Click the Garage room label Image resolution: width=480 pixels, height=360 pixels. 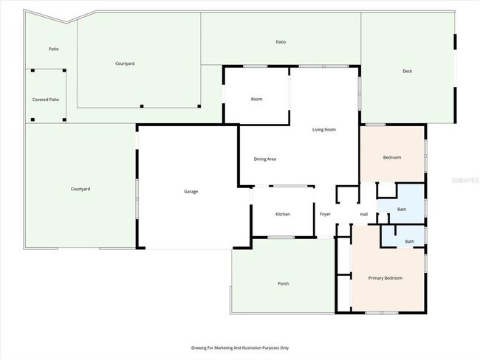click(x=191, y=192)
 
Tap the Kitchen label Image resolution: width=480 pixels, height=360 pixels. click(x=283, y=214)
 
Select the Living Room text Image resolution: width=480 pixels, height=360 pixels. click(x=324, y=129)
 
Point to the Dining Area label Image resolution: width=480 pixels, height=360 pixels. click(x=265, y=159)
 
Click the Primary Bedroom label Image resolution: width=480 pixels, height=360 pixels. click(x=385, y=277)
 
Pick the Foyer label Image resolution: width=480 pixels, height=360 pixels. click(x=325, y=214)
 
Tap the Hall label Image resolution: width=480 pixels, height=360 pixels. click(x=364, y=214)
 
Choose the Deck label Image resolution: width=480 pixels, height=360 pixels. click(x=407, y=72)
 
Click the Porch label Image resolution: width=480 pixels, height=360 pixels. click(x=283, y=283)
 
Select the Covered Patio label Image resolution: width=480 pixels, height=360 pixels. click(x=46, y=99)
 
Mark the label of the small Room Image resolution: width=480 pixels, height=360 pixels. click(x=256, y=99)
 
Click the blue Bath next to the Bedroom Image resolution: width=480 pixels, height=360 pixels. click(x=402, y=210)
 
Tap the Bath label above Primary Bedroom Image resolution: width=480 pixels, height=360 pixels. click(x=409, y=241)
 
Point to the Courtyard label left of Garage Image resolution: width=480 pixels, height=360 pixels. click(x=80, y=190)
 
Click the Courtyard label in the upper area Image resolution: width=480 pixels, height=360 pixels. click(x=125, y=63)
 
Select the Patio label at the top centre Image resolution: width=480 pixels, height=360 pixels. click(x=281, y=42)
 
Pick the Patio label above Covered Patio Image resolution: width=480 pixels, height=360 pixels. click(x=54, y=49)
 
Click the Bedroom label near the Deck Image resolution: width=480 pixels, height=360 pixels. click(x=392, y=158)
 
